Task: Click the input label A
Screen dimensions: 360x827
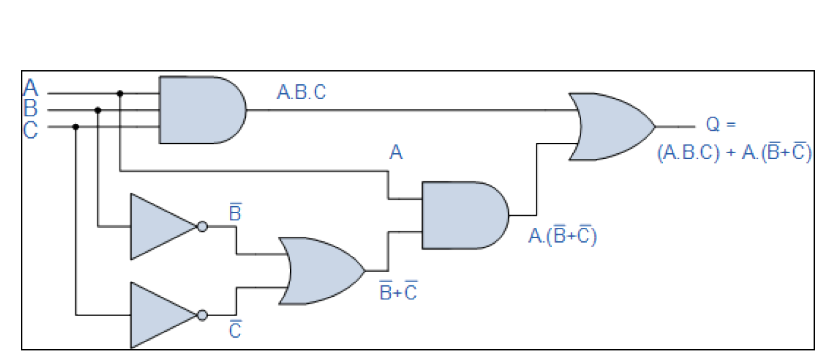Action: (x=31, y=87)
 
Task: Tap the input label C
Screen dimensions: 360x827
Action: (x=31, y=130)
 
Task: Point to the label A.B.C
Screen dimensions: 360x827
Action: (x=301, y=93)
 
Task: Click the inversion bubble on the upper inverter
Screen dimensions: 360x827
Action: (x=202, y=227)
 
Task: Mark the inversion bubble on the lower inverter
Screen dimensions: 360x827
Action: (x=202, y=315)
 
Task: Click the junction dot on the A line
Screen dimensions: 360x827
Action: (x=120, y=93)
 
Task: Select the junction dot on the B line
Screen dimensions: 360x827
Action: (x=98, y=110)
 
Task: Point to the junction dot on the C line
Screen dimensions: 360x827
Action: (x=76, y=126)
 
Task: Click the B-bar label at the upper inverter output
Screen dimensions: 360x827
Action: (x=235, y=213)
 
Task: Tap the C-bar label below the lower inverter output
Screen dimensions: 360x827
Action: (x=235, y=331)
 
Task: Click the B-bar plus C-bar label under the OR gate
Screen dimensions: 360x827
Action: (x=398, y=292)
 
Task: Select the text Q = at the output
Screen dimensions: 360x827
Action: (x=721, y=124)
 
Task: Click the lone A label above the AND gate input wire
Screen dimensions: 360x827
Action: (x=396, y=154)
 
